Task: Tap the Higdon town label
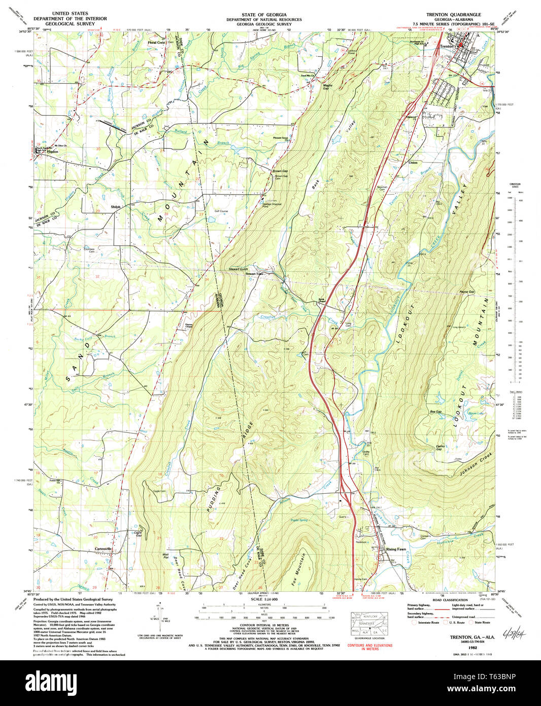[x=52, y=151]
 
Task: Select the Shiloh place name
[x=116, y=207]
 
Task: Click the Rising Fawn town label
[x=396, y=550]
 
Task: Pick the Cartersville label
[x=103, y=549]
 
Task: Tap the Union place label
[x=413, y=163]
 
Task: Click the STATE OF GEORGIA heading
[x=264, y=15]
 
